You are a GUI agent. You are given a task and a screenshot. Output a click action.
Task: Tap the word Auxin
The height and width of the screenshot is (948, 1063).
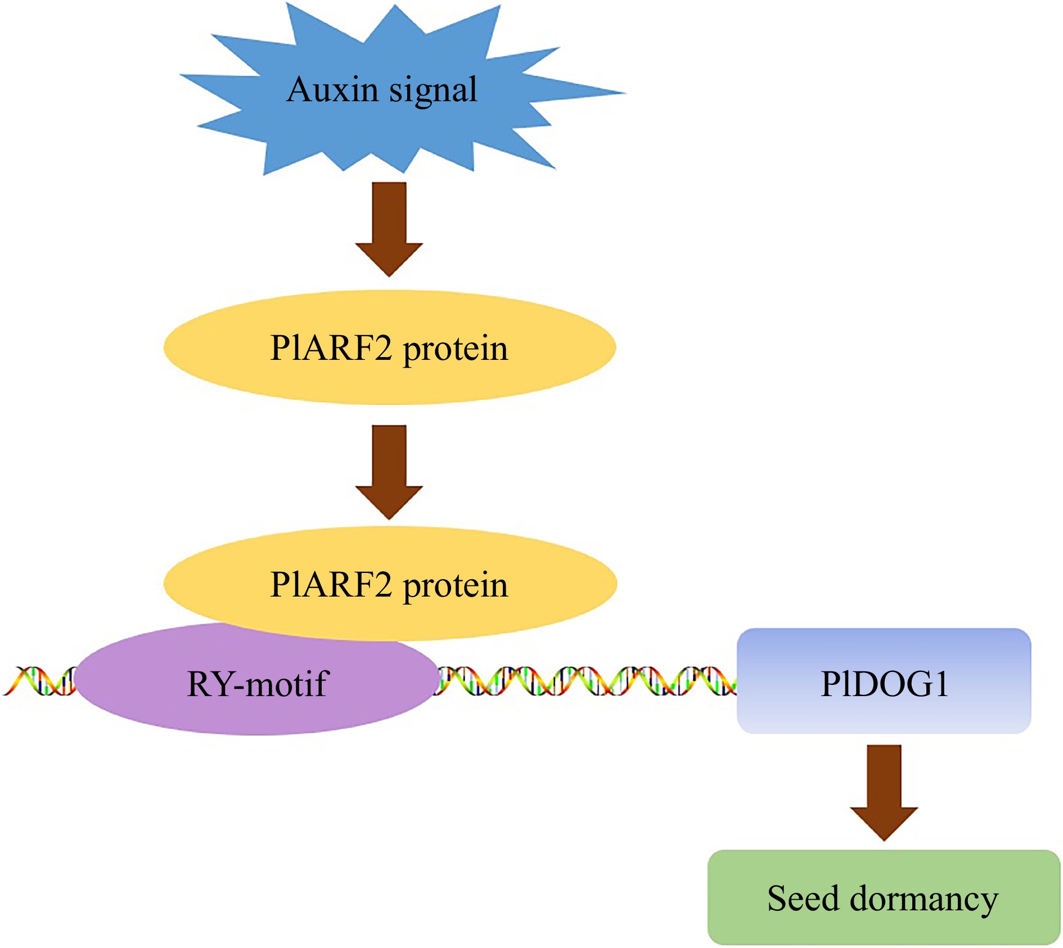pyautogui.click(x=332, y=90)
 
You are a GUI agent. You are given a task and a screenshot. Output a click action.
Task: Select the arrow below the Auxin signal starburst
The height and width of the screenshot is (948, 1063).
pyautogui.click(x=389, y=228)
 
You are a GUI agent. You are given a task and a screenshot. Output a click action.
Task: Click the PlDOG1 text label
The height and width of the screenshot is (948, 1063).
pyautogui.click(x=884, y=684)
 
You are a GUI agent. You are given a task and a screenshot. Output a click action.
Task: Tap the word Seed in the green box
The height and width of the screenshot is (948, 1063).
pyautogui.click(x=803, y=898)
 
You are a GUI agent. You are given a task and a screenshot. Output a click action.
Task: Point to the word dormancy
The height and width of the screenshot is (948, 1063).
pyautogui.click(x=924, y=899)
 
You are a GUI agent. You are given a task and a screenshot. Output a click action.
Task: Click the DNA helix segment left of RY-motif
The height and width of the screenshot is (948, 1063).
pyautogui.click(x=39, y=681)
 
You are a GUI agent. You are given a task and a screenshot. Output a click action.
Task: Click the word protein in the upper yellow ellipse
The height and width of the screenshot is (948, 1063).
pyautogui.click(x=456, y=349)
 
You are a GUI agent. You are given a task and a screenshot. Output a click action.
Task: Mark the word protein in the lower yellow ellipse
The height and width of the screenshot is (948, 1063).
pyautogui.click(x=456, y=585)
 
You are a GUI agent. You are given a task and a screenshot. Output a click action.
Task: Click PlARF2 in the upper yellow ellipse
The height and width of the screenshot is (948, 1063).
pyautogui.click(x=331, y=347)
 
